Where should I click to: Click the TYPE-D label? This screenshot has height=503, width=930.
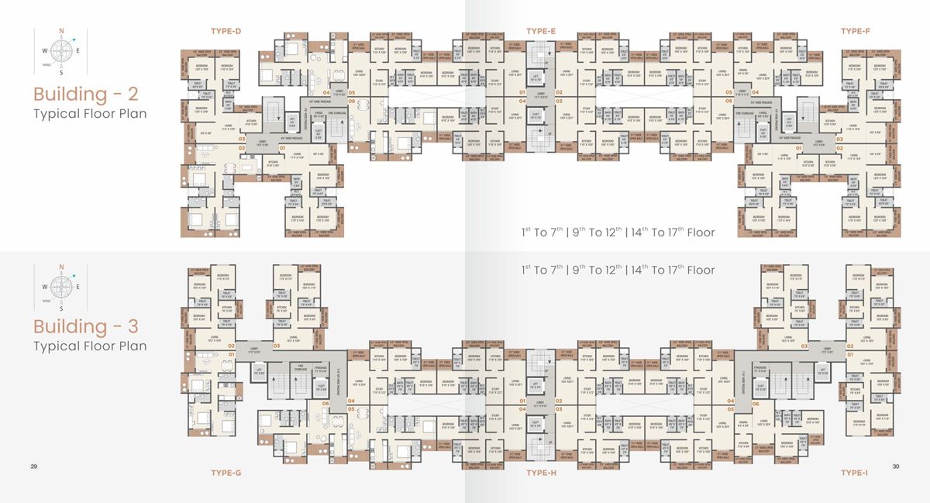226,31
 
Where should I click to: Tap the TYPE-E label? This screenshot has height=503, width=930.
541,31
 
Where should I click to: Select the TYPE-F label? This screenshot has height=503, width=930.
856,31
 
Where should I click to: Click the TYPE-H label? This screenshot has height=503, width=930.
541,472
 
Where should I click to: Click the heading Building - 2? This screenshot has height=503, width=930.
85,95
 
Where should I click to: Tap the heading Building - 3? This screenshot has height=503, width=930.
85,326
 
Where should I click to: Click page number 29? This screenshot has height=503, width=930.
33,466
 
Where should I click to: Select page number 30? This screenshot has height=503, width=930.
895,466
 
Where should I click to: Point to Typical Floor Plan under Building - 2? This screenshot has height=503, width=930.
90,114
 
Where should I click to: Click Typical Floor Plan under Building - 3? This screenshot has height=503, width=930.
90,346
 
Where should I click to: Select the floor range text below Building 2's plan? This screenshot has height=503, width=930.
618,232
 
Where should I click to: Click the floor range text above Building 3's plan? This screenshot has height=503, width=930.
618,270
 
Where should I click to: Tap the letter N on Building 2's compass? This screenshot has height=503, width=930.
61,32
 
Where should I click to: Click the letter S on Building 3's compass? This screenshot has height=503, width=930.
61,306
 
